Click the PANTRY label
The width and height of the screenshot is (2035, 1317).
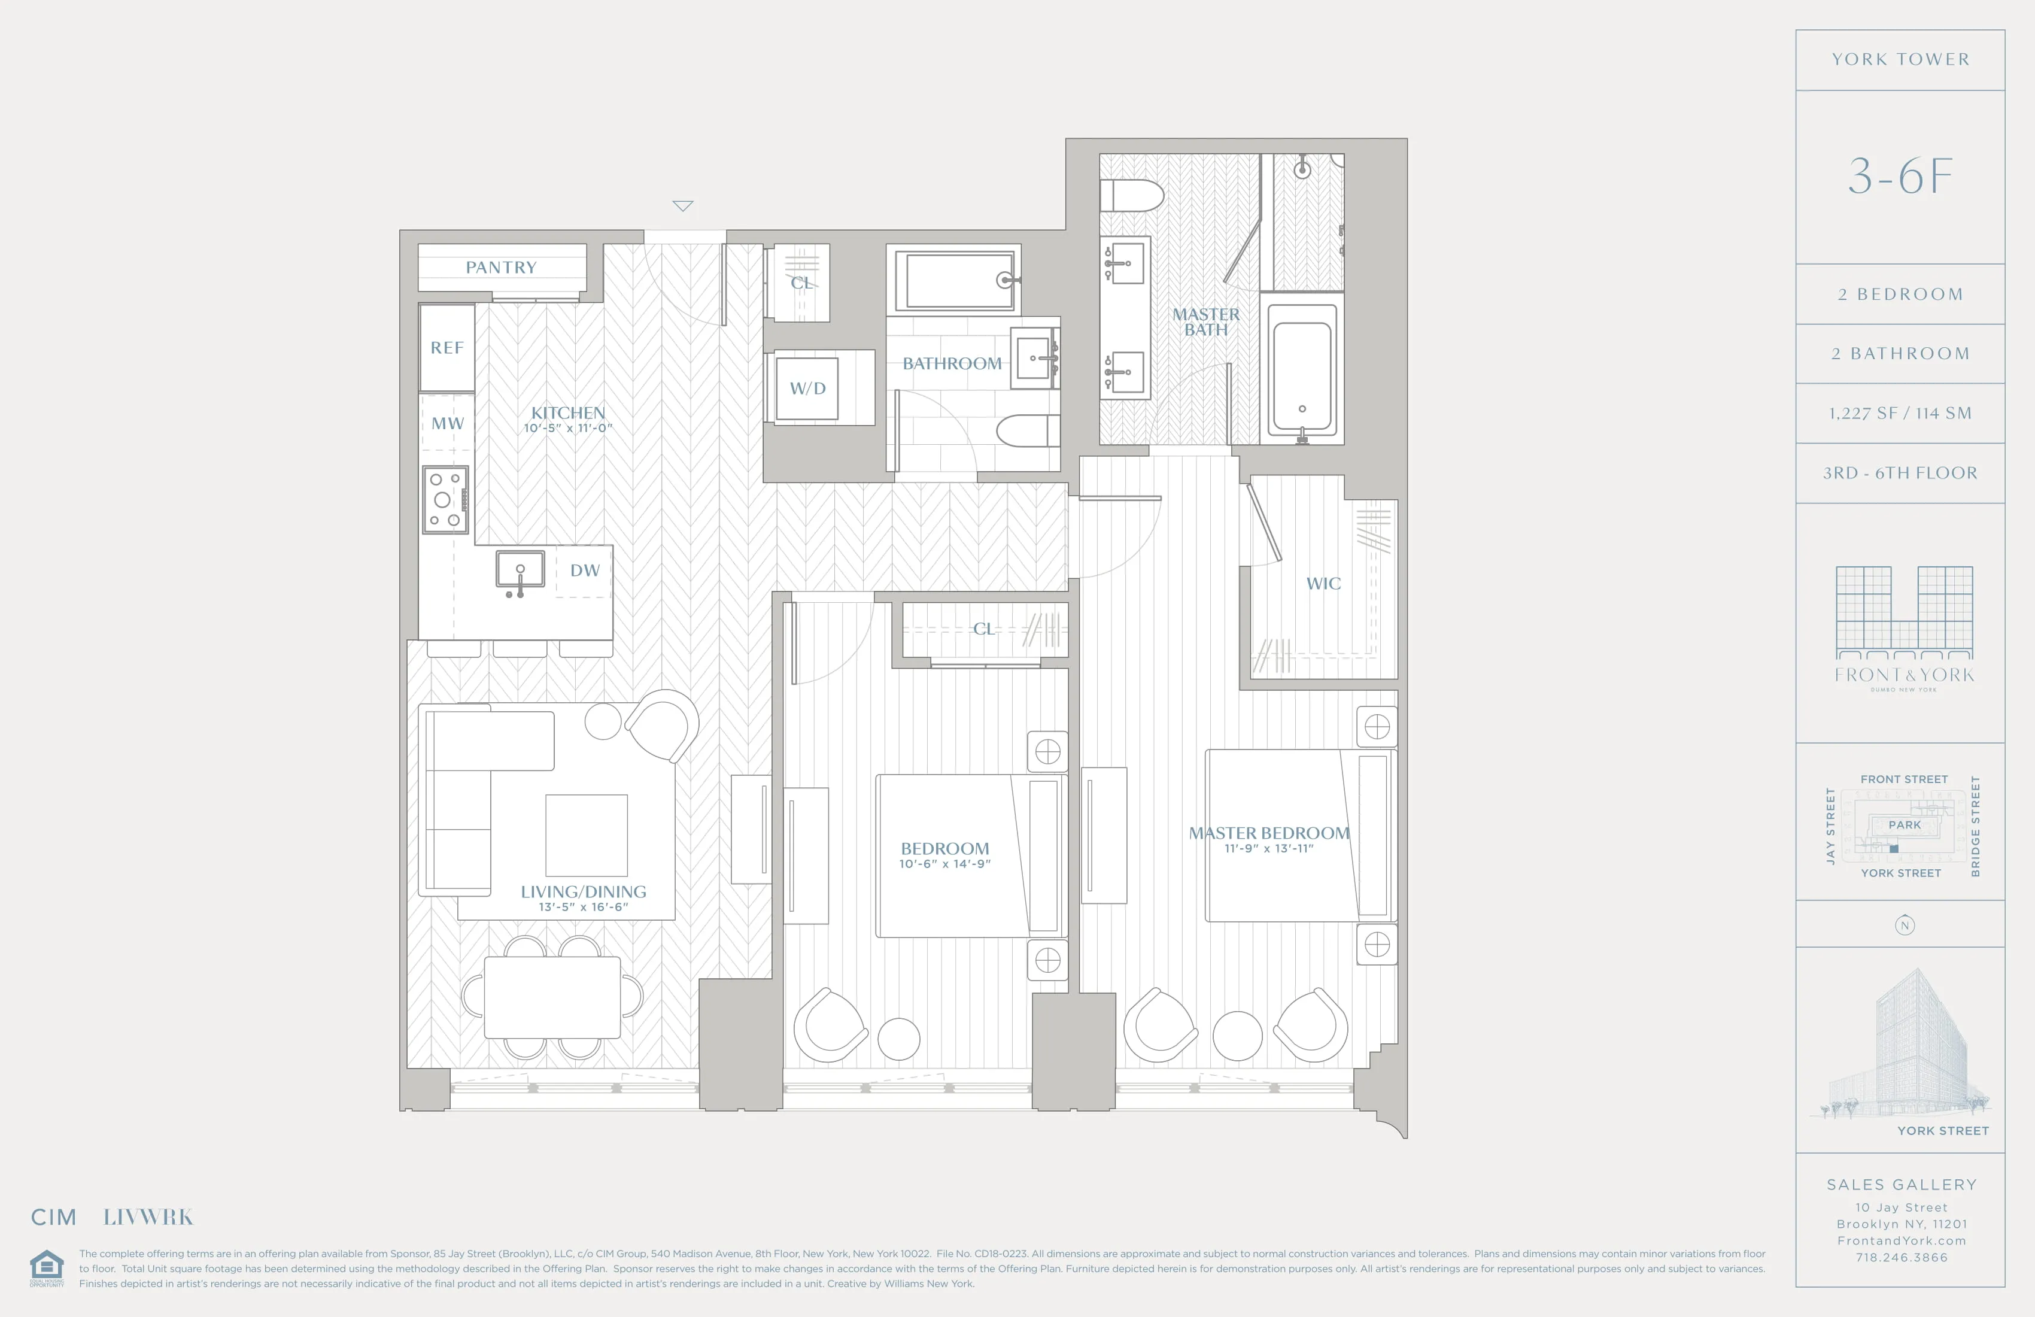(x=501, y=268)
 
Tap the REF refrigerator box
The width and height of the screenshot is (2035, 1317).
(x=447, y=348)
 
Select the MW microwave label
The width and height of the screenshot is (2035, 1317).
(x=447, y=423)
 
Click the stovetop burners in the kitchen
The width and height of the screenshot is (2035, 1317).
(x=445, y=499)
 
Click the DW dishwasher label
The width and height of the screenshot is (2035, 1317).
(x=585, y=571)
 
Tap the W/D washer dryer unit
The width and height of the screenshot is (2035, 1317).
(x=807, y=389)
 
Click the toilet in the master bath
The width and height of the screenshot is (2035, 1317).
(x=1131, y=196)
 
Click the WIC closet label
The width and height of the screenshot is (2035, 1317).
(x=1323, y=583)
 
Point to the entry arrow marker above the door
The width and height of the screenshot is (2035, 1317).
(x=682, y=206)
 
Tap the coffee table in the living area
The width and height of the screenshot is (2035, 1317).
(x=587, y=834)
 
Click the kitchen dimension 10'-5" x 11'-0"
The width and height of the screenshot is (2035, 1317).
(x=568, y=429)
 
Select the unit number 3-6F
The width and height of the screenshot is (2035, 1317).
(x=1900, y=176)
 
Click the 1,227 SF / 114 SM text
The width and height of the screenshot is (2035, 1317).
(x=1900, y=414)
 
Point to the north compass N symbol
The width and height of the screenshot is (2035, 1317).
(x=1904, y=925)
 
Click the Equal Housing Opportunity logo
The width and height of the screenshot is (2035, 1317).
(x=47, y=1267)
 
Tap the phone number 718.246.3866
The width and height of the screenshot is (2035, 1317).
(x=1901, y=1257)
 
